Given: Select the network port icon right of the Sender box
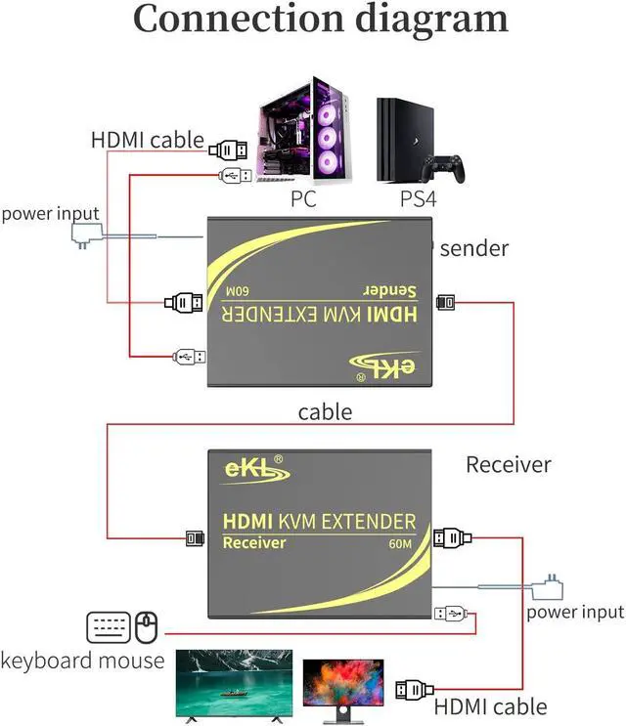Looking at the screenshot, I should (x=445, y=302).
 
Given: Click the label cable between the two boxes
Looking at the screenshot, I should (x=325, y=412).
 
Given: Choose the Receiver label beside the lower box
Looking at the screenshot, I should (x=508, y=464).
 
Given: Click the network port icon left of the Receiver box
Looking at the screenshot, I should (x=195, y=536).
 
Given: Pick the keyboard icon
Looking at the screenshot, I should (x=108, y=626).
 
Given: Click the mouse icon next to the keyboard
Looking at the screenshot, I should (x=147, y=626).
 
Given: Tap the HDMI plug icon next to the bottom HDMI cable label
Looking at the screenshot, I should (x=415, y=690).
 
